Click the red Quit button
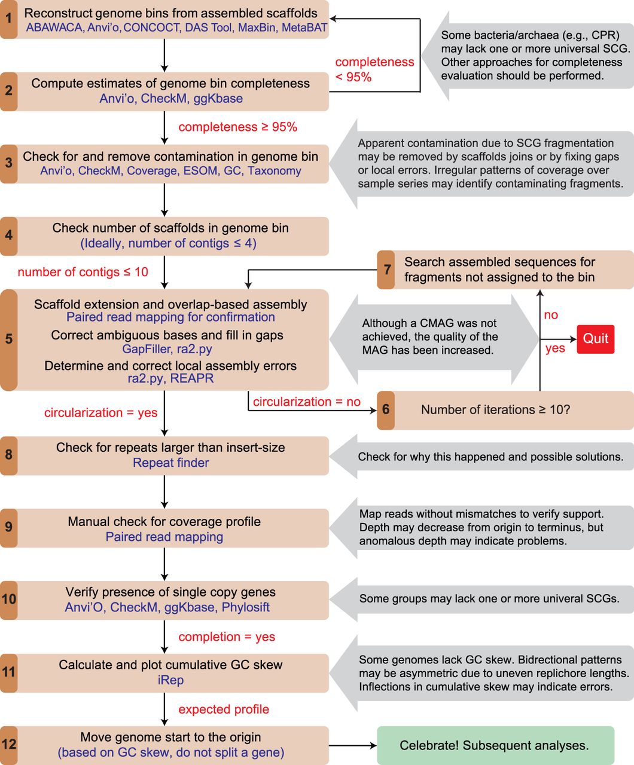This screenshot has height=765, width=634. [596, 339]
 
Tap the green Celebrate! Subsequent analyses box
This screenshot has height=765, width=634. [495, 745]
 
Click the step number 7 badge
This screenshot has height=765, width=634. [386, 270]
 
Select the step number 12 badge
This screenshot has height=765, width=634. [9, 745]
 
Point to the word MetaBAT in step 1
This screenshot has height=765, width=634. [304, 27]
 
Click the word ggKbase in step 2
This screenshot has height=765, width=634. [218, 99]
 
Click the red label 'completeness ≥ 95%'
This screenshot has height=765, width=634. [237, 127]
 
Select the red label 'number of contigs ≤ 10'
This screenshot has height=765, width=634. [83, 272]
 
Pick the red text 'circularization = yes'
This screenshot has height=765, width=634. [101, 412]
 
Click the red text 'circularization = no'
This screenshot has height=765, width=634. [307, 402]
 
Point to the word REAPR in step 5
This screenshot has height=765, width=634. [192, 378]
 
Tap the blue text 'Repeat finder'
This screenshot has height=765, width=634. [171, 463]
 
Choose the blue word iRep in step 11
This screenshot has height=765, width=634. [170, 680]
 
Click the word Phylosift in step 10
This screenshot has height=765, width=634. [246, 607]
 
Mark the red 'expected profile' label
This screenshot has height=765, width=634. [224, 709]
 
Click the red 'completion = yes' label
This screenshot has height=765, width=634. [227, 637]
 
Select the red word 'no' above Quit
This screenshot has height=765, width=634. [551, 315]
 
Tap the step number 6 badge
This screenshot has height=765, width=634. [386, 410]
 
